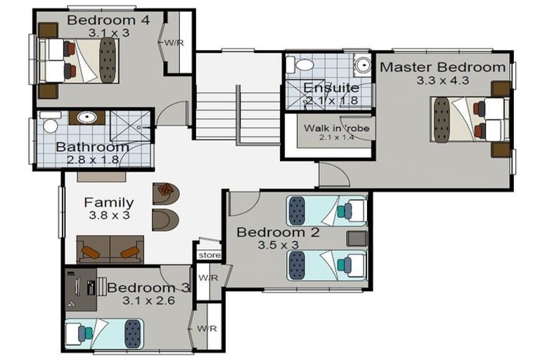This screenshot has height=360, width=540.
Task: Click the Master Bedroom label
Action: (442, 67)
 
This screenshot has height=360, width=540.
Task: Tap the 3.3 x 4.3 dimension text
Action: (443, 81)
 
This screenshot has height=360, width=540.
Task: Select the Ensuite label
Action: (331, 88)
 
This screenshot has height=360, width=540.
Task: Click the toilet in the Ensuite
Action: (300, 65)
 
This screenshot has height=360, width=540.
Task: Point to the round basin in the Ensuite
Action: (363, 64)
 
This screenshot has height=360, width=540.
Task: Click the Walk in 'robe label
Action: (337, 129)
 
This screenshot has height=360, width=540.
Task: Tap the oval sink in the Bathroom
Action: (86, 117)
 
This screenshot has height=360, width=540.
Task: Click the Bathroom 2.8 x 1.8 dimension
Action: (93, 160)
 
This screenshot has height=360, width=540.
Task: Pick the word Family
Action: (109, 202)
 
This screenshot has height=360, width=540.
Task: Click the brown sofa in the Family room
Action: (110, 250)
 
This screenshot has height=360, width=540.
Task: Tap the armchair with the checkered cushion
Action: (166, 193)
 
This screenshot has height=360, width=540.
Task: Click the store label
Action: (210, 255)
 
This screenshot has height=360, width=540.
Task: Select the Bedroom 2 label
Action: (278, 232)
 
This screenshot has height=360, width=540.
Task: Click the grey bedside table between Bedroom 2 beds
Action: (356, 238)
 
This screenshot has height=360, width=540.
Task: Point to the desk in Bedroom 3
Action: (82, 290)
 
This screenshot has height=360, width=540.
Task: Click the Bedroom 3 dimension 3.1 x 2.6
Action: (148, 301)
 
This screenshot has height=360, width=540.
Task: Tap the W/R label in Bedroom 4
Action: (174, 43)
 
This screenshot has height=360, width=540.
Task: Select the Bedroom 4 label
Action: (108, 20)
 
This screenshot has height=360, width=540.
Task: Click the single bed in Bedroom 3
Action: (104, 333)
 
